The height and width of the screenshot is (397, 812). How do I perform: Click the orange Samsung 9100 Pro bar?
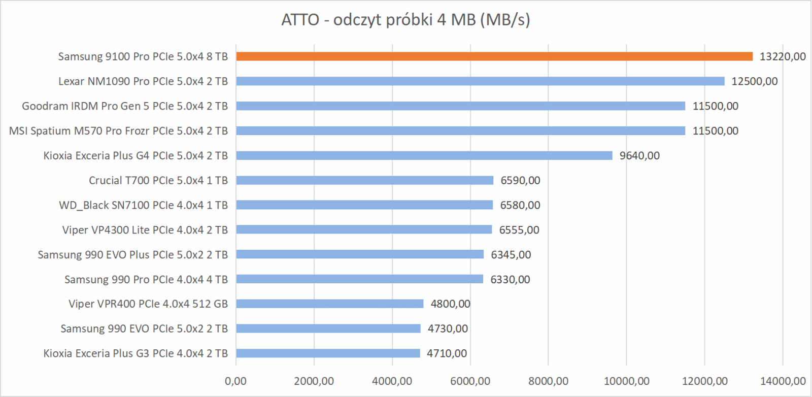(494, 56)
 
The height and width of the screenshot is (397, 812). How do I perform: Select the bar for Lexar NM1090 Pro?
(480, 81)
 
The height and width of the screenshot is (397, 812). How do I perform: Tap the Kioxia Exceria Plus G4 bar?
(424, 155)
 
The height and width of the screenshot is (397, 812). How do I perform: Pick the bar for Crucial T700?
(364, 180)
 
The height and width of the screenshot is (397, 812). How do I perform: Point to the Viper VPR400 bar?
(329, 304)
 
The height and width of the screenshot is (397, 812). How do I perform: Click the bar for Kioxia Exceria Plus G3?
(328, 353)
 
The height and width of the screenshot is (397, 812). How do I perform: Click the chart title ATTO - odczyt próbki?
(405, 20)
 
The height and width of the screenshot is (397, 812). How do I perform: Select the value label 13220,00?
(782, 56)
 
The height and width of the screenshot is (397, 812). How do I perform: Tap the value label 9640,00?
(639, 156)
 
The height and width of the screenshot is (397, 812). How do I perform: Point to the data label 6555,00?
(519, 230)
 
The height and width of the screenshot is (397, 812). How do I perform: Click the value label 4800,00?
(450, 304)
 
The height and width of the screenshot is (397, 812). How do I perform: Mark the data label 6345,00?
(511, 255)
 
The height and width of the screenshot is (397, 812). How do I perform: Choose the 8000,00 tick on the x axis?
(548, 381)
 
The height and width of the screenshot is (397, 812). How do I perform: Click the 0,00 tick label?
(236, 381)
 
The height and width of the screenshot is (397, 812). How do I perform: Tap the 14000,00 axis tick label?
(782, 381)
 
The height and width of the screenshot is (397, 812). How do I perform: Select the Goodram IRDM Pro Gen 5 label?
(125, 106)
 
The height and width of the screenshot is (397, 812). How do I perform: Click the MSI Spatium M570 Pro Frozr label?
(118, 131)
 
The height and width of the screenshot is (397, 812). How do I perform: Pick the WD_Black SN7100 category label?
(143, 205)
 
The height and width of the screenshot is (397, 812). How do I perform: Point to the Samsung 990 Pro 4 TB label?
(146, 279)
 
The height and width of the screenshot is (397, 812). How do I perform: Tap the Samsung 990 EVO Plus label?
(132, 255)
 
